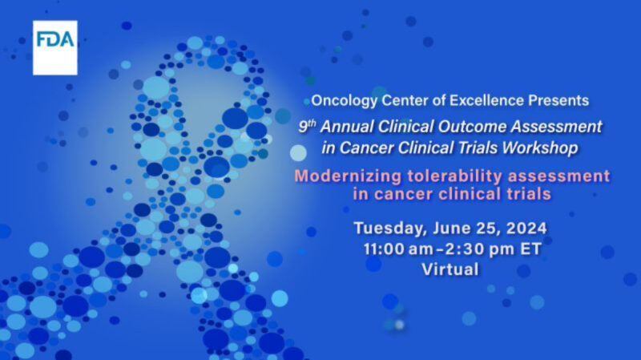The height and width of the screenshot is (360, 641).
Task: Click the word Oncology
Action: (x=340, y=101)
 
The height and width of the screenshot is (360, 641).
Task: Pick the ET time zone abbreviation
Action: (x=529, y=249)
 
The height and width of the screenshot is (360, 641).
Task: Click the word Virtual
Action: (x=450, y=269)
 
